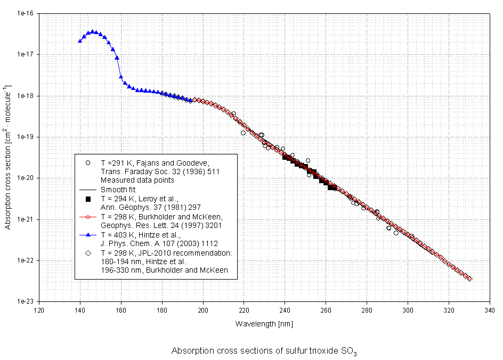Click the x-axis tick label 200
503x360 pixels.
203,309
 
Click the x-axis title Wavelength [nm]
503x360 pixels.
264,323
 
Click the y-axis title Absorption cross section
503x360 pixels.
7,157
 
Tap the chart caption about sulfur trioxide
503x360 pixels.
264,352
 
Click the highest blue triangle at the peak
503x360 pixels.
93,32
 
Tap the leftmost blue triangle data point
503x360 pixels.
80,40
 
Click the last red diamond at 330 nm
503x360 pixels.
469,279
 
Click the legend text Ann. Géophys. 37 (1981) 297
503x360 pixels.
141,208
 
